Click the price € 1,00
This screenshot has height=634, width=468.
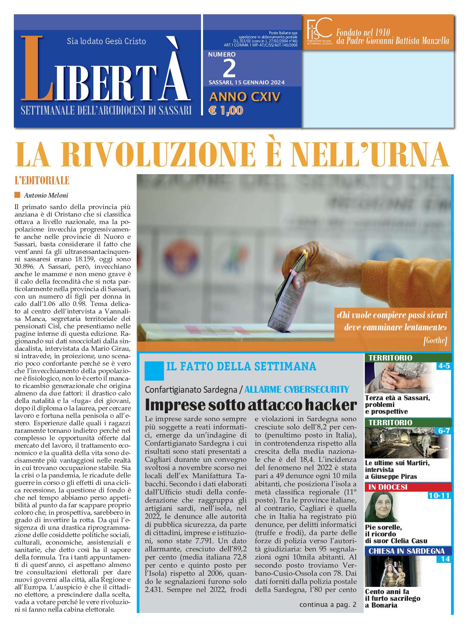(226, 110)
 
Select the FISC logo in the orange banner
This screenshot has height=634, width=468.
(319, 31)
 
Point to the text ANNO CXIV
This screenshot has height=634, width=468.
(245, 97)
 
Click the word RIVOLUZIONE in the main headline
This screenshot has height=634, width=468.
(159, 155)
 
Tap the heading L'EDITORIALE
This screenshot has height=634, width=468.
(42, 180)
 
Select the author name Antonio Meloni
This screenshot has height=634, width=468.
(46, 196)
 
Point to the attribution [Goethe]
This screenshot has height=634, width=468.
(435, 340)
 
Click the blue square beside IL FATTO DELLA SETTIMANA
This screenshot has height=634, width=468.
(154, 371)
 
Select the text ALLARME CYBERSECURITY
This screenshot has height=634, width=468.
(296, 390)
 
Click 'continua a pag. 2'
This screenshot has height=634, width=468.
(328, 604)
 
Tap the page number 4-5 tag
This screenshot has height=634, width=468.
(443, 366)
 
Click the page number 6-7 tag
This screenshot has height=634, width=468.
(444, 431)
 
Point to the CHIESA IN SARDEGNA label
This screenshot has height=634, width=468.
(406, 551)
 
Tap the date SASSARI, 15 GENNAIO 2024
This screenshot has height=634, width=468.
(246, 82)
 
